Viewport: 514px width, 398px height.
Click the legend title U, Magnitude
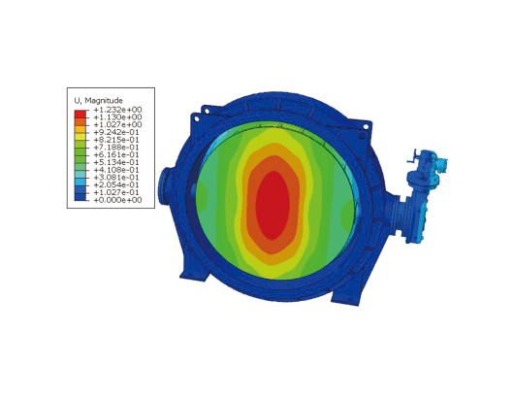98,100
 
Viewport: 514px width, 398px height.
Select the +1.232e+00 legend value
117,110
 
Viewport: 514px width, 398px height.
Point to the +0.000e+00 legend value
117,200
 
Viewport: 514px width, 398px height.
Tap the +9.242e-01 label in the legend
116,132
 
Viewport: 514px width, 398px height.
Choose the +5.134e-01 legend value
116,162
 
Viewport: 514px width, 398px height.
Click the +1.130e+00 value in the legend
117,117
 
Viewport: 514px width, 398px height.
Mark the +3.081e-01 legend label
116,178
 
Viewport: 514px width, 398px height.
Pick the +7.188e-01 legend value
116,148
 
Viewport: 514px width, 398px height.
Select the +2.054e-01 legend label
116,184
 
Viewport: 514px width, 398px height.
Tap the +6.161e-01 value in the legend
116,155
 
